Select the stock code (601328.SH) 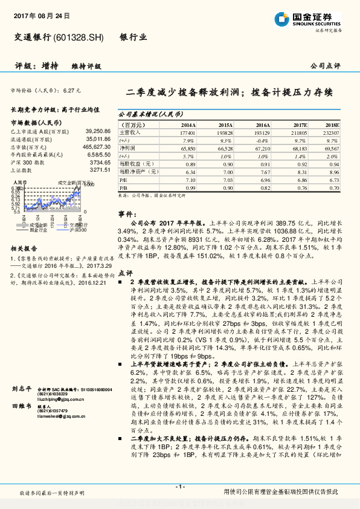(79, 37)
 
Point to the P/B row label (123, 188)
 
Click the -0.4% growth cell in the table (263, 140)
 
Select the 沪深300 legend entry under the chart (78, 230)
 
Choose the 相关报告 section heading (25, 248)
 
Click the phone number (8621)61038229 (55, 395)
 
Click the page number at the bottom (179, 487)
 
